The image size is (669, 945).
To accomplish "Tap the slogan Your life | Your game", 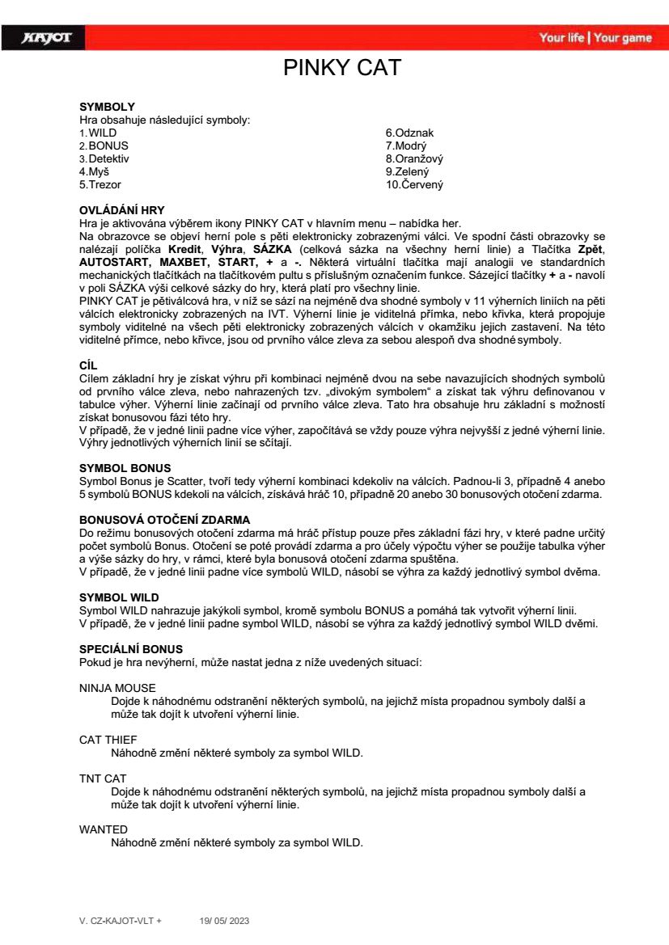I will pos(595,38).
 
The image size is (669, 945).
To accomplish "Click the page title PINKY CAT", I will pos(342,68).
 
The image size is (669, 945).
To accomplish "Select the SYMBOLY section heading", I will pos(107,106).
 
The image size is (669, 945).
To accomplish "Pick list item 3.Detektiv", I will pos(104,159).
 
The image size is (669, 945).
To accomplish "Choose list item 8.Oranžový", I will pos(414,159).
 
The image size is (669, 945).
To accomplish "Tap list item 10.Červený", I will pos(414,185).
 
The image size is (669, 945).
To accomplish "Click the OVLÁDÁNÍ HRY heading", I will pos(121,210).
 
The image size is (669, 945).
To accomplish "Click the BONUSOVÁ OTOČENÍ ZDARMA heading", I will pos(164,518).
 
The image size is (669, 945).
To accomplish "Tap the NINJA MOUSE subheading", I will pos(117,688).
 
